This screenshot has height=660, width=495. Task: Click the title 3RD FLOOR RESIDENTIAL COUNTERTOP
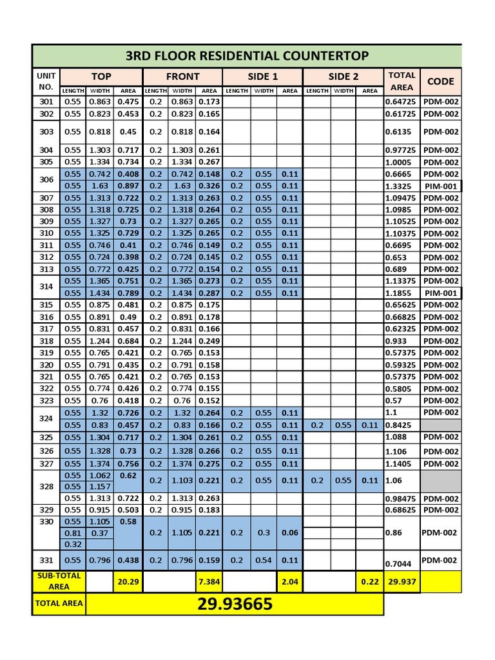[247, 55]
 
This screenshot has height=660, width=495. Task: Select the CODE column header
[440, 81]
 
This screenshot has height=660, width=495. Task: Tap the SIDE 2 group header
[343, 77]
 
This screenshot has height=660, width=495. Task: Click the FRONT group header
[182, 77]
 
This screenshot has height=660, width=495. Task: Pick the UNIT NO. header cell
[45, 81]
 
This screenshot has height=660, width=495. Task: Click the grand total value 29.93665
[235, 605]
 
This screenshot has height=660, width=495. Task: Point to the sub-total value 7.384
[209, 581]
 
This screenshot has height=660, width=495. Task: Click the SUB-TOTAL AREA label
[58, 581]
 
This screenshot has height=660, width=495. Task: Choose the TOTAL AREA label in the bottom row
[58, 605]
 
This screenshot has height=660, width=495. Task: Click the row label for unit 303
[46, 131]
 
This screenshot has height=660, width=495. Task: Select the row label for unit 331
[46, 560]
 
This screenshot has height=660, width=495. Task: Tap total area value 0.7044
[398, 564]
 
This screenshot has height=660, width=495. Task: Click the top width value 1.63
[99, 186]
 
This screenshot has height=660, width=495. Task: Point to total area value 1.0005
[398, 162]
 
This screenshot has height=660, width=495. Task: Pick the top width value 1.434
[99, 293]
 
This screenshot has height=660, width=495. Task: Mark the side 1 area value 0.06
[289, 533]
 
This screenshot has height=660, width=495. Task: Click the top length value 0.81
[73, 533]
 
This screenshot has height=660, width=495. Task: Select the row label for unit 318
[46, 341]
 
